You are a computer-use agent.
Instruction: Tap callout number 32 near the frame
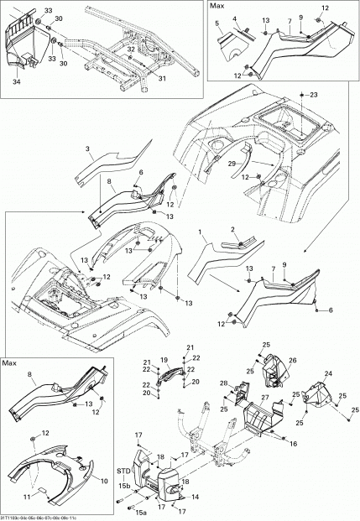click(x=131, y=50)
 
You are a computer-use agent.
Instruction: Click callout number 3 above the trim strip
click(x=88, y=148)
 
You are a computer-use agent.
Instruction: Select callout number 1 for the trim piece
click(x=201, y=231)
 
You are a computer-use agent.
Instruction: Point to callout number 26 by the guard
click(x=270, y=360)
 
